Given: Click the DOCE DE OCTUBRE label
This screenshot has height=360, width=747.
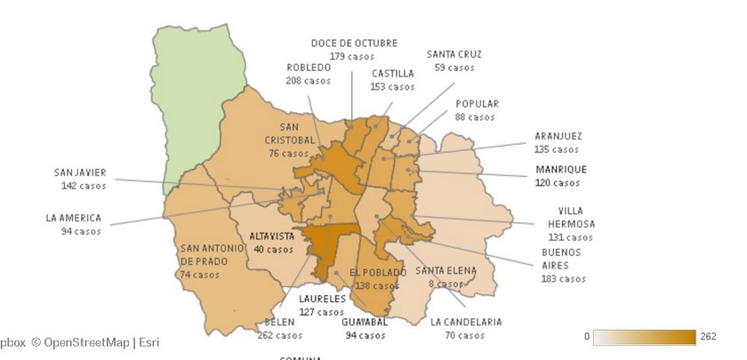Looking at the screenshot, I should (x=354, y=43).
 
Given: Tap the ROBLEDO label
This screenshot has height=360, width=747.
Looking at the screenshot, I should (x=308, y=68).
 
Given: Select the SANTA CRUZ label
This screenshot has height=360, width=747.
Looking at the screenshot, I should (x=454, y=54).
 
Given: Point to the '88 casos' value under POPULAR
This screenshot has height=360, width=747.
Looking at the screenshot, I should (x=475, y=117).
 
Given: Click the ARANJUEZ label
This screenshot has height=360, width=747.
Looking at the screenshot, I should (x=558, y=136).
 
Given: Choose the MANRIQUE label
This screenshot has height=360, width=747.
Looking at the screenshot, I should (x=560, y=169).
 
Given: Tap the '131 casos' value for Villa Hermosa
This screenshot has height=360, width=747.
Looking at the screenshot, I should (x=570, y=237).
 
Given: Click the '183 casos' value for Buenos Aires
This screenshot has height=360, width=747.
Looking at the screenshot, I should (x=563, y=278).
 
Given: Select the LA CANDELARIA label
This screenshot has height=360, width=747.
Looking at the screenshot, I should (x=466, y=322).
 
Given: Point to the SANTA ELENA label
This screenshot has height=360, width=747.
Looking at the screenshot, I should (x=446, y=270).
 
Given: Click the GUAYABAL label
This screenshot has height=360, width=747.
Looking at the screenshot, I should (x=365, y=322).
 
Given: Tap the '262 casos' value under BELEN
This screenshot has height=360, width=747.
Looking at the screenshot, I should (x=279, y=336).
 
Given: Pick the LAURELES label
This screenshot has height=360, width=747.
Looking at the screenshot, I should (x=321, y=299).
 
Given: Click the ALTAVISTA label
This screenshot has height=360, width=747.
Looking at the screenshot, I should (x=271, y=236).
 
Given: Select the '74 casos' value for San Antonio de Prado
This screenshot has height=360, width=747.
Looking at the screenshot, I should (x=199, y=275).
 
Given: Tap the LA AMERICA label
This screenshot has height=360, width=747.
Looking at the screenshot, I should (x=74, y=218).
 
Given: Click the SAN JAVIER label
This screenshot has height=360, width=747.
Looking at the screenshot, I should (x=79, y=172).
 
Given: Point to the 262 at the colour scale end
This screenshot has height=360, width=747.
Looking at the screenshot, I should (x=708, y=337).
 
